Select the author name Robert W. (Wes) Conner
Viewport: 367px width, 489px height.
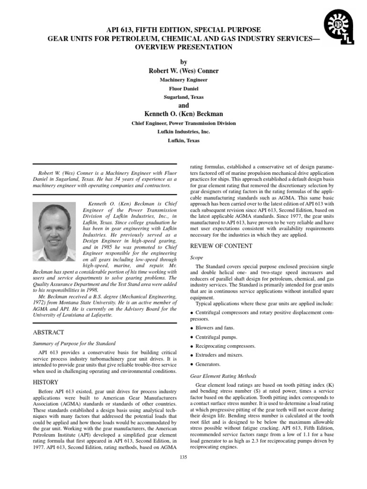(183, 71)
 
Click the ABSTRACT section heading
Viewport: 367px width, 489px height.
(48, 332)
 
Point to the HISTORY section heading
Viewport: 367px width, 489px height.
(45, 382)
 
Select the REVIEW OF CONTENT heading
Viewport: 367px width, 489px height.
(221, 246)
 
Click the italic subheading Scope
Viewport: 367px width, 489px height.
(197, 257)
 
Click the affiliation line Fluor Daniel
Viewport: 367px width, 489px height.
(183, 88)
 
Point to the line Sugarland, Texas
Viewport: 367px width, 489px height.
(183, 97)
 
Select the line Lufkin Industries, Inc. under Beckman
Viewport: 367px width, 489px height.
(183, 132)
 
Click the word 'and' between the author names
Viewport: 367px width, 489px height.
(183, 106)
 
